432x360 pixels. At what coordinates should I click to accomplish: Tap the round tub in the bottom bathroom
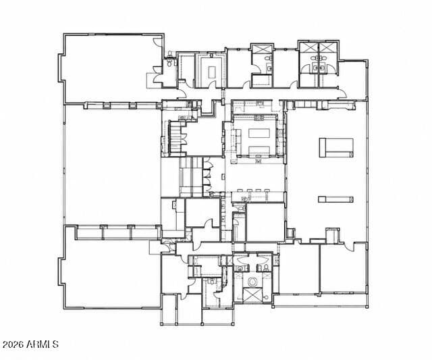pyautogui.click(x=252, y=282)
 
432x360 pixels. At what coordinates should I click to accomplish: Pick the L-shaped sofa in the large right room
pyautogui.click(x=336, y=148)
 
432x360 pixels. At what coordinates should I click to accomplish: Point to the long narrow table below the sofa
pyautogui.click(x=335, y=199)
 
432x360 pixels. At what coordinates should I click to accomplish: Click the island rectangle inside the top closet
pyautogui.click(x=212, y=72)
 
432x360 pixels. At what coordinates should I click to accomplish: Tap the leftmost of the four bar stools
pyautogui.click(x=240, y=190)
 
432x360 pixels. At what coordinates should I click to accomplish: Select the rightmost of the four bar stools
pyautogui.click(x=267, y=190)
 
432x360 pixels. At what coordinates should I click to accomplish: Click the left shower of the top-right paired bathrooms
pyautogui.click(x=309, y=47)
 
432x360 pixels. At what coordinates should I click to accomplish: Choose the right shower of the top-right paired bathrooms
pyautogui.click(x=328, y=47)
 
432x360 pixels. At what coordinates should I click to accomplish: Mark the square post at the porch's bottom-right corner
pyautogui.click(x=367, y=306)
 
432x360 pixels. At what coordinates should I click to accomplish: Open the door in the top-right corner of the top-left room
pyautogui.click(x=157, y=42)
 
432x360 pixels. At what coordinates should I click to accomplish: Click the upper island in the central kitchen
pyautogui.click(x=259, y=133)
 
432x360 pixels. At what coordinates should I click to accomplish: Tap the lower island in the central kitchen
pyautogui.click(x=259, y=151)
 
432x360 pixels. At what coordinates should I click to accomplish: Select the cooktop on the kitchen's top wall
pyautogui.click(x=259, y=118)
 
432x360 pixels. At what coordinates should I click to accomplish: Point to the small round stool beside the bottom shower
pyautogui.click(x=265, y=298)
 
